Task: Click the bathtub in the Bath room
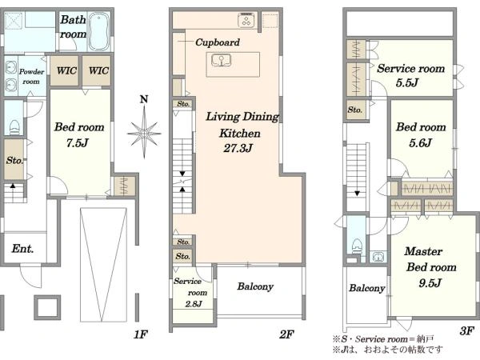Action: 99,32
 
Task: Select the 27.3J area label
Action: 238,149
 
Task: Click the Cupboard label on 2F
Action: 218,42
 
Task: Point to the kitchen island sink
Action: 221,61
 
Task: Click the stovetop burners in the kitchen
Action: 246,21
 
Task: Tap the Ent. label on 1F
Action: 22,249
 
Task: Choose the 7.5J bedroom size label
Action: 78,142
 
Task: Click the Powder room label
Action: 31,77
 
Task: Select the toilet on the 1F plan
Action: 14,127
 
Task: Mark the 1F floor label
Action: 141,334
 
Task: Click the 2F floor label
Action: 286,334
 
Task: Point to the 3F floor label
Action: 467,331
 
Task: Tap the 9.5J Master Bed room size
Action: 430,283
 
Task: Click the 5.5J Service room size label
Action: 407,82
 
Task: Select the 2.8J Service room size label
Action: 194,304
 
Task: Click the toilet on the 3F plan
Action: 357,246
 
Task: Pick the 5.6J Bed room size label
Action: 421,142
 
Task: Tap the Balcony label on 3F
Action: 367,288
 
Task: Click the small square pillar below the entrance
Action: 47,308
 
